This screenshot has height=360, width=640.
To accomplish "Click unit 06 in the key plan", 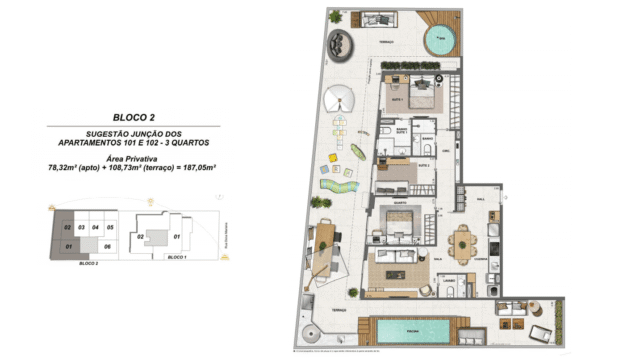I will (106, 245).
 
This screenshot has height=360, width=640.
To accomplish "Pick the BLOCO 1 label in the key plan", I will (179, 258).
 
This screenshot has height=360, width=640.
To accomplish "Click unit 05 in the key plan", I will (110, 228).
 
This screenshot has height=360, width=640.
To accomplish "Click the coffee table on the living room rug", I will (389, 267).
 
